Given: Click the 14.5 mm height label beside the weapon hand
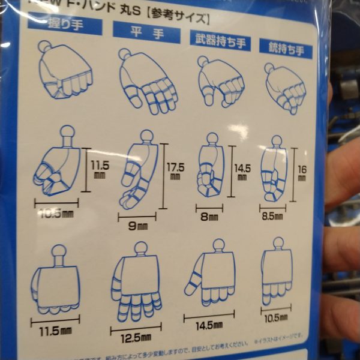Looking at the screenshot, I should (x=241, y=168).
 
